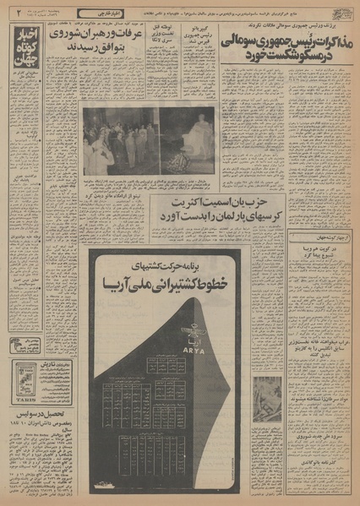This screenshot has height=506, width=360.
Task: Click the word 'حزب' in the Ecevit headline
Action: pyautogui.click(x=270, y=205)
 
